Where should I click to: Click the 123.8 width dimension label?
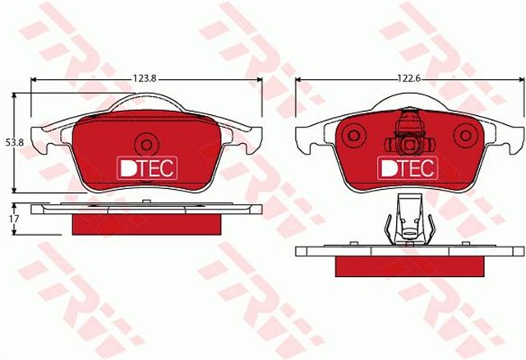point(144,78)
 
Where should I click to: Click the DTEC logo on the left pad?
point(145,167)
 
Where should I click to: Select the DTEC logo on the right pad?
point(407,167)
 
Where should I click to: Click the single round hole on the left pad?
point(146,143)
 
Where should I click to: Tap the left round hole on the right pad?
point(354,135)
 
